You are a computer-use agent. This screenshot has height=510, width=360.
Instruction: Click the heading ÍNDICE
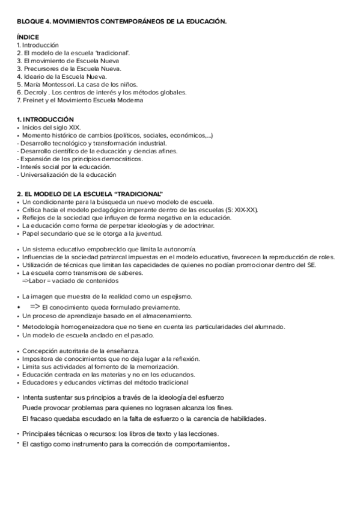pos(28,37)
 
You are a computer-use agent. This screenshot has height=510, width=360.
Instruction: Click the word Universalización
pos(46,174)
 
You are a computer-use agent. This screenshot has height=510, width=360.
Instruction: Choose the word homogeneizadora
pos(82,327)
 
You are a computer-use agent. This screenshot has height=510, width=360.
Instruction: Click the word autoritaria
pos(76,351)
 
